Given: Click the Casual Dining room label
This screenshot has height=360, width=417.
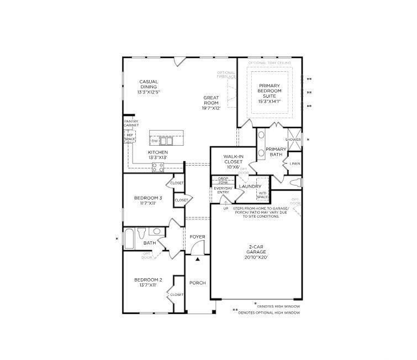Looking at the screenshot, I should (x=148, y=87).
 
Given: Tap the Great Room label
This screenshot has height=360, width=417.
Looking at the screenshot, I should (x=211, y=103).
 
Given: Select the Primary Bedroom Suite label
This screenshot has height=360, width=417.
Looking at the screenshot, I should (x=270, y=93).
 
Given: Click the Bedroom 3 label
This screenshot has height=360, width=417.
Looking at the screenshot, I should (x=148, y=200).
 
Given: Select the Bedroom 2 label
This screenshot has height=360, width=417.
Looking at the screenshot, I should (x=148, y=283).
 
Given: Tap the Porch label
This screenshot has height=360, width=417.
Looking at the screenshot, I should (x=197, y=283).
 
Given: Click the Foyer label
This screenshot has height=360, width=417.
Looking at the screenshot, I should (x=197, y=237).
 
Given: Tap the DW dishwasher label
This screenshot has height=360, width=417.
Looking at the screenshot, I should (x=155, y=141).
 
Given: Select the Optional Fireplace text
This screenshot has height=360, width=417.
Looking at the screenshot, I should (x=226, y=75).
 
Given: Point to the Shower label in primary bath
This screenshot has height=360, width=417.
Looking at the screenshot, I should (x=293, y=140).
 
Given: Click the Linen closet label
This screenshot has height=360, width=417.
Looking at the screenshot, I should (x=294, y=163).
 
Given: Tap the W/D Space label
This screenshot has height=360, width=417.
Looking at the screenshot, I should (x=262, y=195).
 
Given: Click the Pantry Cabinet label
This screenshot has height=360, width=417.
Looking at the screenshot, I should (x=130, y=123).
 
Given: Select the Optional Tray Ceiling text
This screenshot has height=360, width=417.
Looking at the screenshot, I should (x=270, y=62).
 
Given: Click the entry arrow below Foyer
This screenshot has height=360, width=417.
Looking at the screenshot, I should (x=197, y=258).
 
